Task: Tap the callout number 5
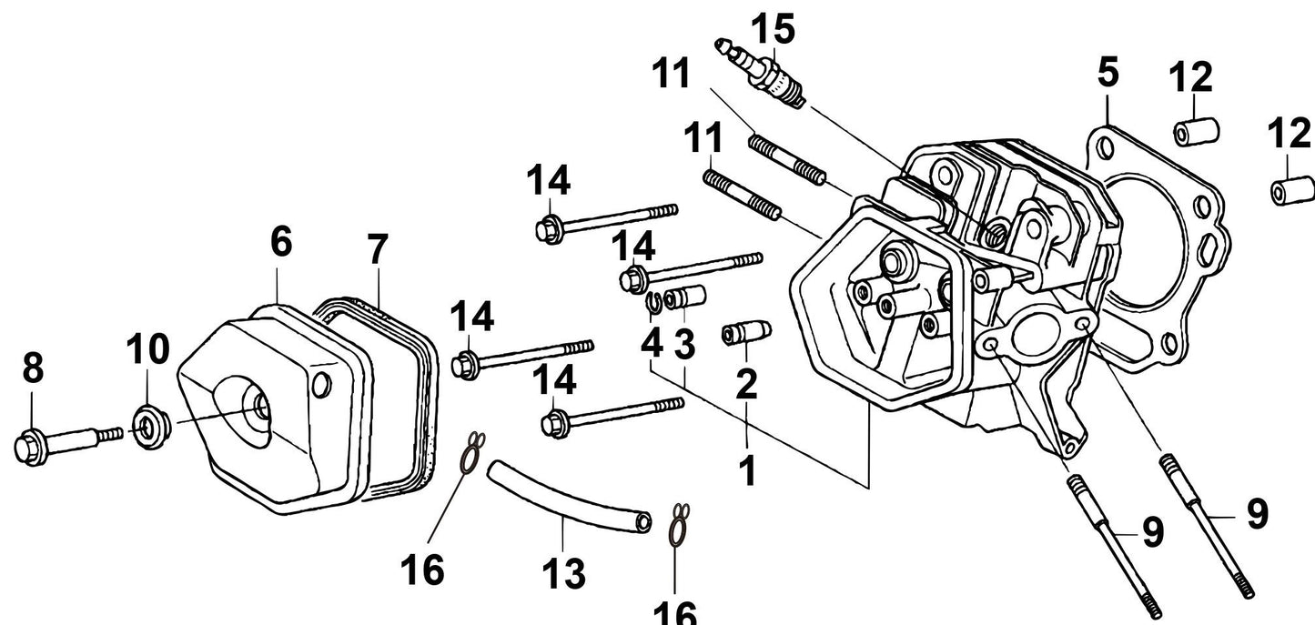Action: [x=1107, y=74]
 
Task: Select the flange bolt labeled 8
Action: [x=64, y=443]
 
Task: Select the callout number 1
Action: [x=747, y=470]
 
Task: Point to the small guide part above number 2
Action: [x=746, y=333]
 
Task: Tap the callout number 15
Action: [x=773, y=29]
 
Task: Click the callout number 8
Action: [x=33, y=368]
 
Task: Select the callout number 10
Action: [x=148, y=348]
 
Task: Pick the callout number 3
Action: [x=684, y=345]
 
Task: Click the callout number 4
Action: [x=652, y=343]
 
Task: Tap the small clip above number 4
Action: [x=653, y=307]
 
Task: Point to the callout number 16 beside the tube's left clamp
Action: [x=422, y=570]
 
